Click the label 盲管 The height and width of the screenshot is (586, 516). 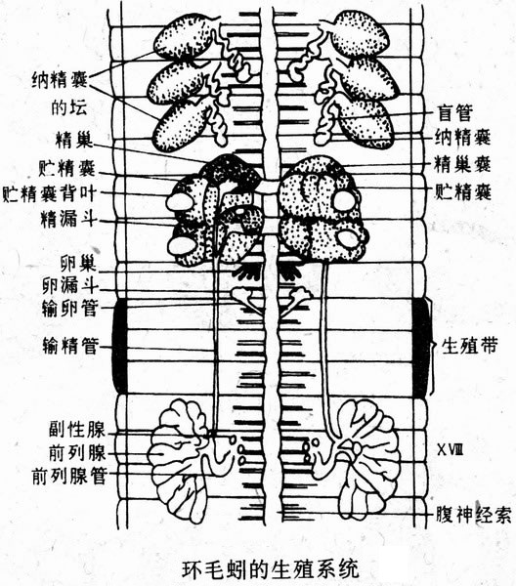point(455,113)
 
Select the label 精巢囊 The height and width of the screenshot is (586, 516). point(462,165)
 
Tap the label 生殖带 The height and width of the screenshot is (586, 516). point(470,346)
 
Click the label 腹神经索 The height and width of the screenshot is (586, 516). point(474,516)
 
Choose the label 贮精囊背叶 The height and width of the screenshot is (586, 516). point(50,194)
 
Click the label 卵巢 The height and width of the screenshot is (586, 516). point(78,264)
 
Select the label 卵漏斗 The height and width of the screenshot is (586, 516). point(70,286)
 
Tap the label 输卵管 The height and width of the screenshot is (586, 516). point(70,309)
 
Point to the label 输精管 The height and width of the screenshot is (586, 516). point(70,346)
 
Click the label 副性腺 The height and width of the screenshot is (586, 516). point(77,430)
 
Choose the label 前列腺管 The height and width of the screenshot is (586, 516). point(69,477)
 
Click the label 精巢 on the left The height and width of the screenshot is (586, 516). point(73,140)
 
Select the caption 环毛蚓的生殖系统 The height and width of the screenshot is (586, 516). point(271,568)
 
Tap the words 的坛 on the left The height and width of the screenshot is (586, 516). point(69,107)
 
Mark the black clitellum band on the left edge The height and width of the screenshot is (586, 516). point(119,347)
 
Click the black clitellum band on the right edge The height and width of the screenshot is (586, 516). point(421,347)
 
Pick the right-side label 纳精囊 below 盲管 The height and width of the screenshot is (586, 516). point(462,138)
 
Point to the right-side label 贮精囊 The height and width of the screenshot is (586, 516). point(462,192)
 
